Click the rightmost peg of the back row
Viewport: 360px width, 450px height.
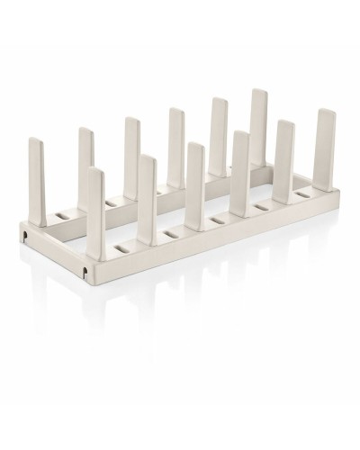click(259, 112)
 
